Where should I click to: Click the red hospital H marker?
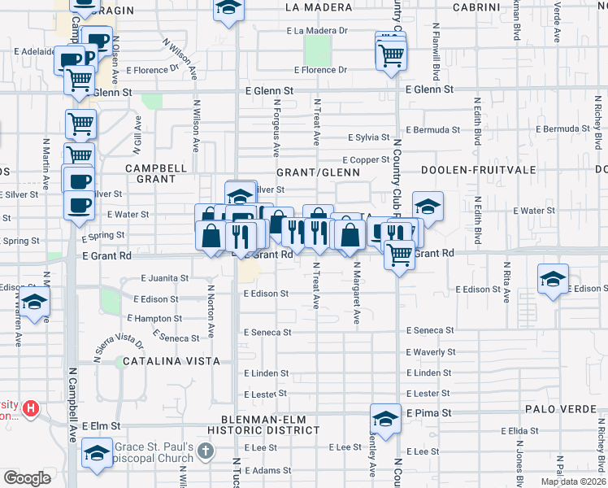31,407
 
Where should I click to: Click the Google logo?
27,478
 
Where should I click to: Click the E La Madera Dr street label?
316,31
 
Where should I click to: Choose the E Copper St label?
366,160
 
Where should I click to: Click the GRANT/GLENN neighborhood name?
318,173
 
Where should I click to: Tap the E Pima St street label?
428,413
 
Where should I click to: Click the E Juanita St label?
164,277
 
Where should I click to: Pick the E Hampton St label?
154,318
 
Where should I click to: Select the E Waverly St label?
431,352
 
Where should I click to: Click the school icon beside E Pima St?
385,419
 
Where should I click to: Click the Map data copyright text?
573,481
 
